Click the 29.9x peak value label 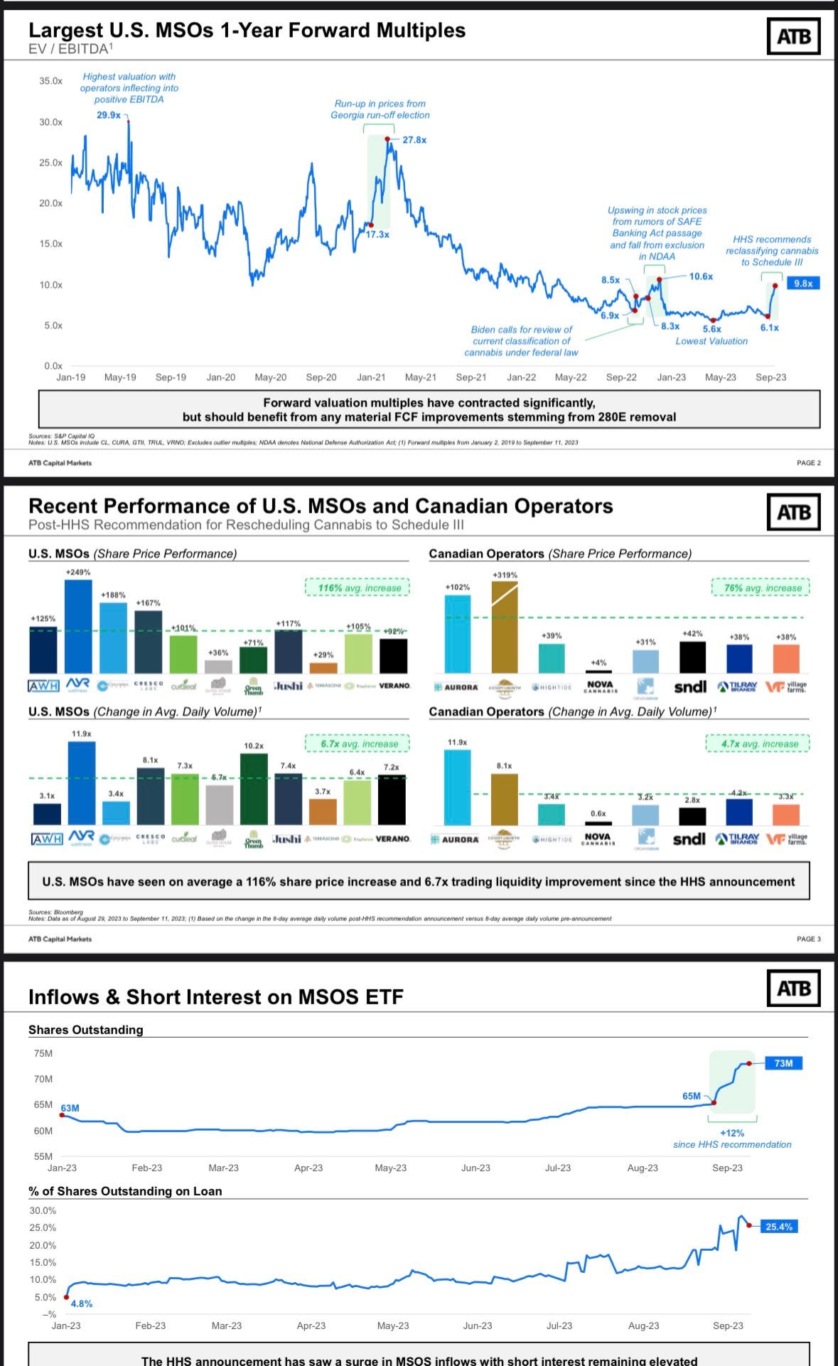[109, 115]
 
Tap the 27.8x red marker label [414, 140]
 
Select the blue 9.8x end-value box [803, 283]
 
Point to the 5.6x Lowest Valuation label [711, 328]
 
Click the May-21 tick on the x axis [421, 377]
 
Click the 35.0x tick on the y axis [50, 81]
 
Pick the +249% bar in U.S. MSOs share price [78, 625]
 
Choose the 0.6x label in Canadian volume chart [598, 814]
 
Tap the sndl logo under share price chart [689, 687]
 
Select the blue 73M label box [783, 1063]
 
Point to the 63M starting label [70, 1108]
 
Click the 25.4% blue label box [779, 1227]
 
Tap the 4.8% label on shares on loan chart [82, 1303]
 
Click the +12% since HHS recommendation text [732, 1139]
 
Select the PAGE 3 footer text [808, 939]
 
